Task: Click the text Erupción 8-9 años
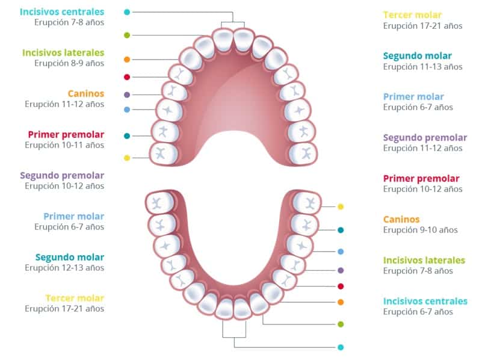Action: click(69, 63)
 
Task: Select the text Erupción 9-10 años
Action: click(420, 230)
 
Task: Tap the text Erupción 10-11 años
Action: click(64, 145)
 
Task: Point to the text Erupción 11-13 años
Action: click(422, 67)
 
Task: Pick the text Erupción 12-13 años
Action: click(64, 268)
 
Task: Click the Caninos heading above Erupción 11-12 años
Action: click(86, 93)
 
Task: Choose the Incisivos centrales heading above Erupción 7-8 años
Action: click(62, 11)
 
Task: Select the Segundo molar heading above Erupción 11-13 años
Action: click(418, 56)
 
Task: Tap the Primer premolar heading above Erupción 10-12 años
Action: click(421, 178)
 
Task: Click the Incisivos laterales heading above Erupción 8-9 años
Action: click(63, 52)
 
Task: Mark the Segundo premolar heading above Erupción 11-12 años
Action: click(425, 138)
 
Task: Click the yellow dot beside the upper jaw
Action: click(127, 158)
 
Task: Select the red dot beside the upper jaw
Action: click(127, 77)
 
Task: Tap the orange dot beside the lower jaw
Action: click(341, 302)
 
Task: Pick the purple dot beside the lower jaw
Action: click(341, 270)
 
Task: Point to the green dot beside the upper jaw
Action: click(127, 35)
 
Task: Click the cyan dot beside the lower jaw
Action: click(341, 347)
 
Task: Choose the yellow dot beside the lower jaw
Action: click(341, 206)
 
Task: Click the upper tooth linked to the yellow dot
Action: click(164, 154)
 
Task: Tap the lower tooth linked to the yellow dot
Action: click(307, 203)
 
